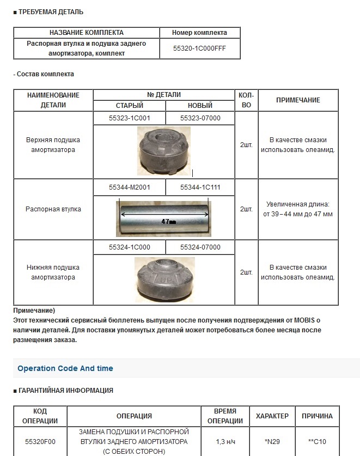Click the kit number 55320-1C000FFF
tap(199, 48)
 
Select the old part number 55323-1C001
tap(129, 118)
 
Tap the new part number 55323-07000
tap(200, 118)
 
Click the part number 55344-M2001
tap(129, 187)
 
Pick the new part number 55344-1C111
tap(200, 187)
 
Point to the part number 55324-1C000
tap(129, 247)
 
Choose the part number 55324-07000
tap(200, 247)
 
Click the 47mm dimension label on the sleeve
tap(168, 222)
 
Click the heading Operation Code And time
tap(65, 368)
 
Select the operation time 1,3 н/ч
tap(222, 441)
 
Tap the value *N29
tap(272, 441)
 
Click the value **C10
tap(317, 441)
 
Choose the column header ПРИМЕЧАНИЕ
tap(298, 100)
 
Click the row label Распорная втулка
tap(53, 209)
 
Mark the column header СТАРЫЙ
tap(130, 106)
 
